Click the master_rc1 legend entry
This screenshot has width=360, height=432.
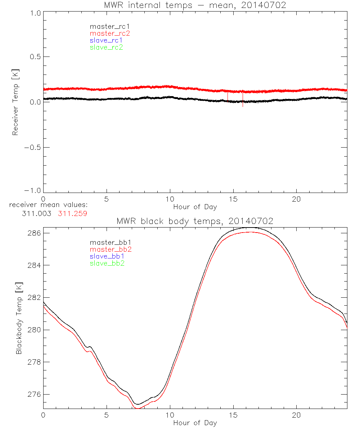[x=106, y=26]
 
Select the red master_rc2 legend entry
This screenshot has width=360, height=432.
[x=109, y=33]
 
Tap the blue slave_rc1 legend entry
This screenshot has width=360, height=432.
[x=106, y=40]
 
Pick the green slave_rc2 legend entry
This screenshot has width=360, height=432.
[x=106, y=47]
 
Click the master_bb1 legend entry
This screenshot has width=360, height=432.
[x=107, y=243]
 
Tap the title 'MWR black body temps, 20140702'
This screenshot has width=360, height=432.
[x=195, y=221]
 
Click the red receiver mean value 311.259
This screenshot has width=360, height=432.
[x=72, y=213]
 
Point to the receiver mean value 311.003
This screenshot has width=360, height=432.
[x=37, y=213]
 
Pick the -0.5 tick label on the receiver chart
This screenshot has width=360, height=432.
[x=33, y=148]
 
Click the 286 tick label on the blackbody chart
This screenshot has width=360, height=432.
[x=34, y=233]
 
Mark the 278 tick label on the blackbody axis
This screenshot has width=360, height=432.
[x=34, y=362]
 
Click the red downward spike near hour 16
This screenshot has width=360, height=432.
[x=243, y=101]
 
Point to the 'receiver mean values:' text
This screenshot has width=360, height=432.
[x=49, y=205]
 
